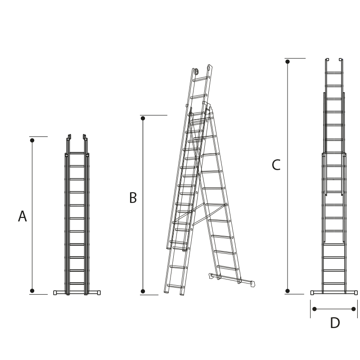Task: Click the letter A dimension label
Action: [x=22, y=216]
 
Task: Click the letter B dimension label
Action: [x=133, y=198]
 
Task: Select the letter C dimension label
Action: [x=276, y=165]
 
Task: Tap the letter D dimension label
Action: [x=335, y=323]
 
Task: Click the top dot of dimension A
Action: [x=32, y=140]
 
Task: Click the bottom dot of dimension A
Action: [x=32, y=291]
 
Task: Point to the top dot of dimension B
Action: [x=143, y=118]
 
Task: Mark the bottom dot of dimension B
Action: [x=143, y=291]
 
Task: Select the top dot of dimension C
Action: [x=288, y=62]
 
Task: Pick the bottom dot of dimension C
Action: [x=288, y=291]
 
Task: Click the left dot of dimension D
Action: [x=315, y=309]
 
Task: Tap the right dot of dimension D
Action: [x=353, y=309]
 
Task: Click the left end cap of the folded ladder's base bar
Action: [x=55, y=292]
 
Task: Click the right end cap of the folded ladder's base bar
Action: [x=99, y=292]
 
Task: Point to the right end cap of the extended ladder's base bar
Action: [x=356, y=292]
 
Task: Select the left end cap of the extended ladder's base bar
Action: [x=312, y=292]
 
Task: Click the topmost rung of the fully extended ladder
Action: [x=334, y=72]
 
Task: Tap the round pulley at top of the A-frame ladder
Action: [x=196, y=71]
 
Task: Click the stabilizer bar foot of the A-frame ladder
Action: [x=252, y=284]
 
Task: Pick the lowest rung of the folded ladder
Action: [x=77, y=283]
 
